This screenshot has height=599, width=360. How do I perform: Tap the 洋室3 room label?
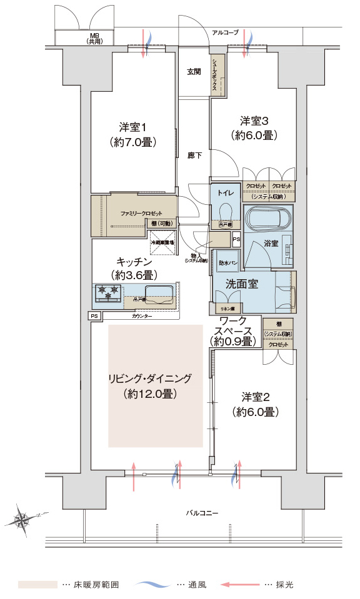coord(253,120)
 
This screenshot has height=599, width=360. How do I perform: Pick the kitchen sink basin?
coord(159,293)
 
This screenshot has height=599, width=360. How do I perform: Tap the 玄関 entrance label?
coord(194,72)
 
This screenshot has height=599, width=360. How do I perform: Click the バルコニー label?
coord(202,513)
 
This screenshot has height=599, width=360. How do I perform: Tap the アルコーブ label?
coord(225,32)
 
